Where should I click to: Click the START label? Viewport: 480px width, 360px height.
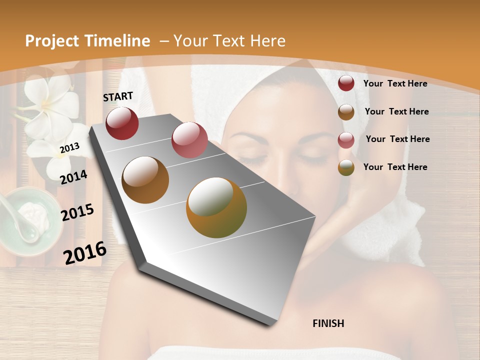coord(118,96)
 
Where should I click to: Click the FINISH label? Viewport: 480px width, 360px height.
coord(328,323)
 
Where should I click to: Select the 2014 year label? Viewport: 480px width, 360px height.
coord(73,177)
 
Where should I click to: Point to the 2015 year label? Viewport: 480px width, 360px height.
coord(77,212)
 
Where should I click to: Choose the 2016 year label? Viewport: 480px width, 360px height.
coord(85,253)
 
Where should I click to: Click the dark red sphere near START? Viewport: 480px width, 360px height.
coord(122,123)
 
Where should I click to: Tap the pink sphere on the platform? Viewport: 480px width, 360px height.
coord(189,140)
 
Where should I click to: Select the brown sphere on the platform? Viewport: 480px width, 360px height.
coord(145,180)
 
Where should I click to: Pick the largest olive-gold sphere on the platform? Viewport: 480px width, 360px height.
coord(216,207)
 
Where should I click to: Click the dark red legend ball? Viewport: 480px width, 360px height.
coord(346,83)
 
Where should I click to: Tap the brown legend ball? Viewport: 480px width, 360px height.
coord(346,112)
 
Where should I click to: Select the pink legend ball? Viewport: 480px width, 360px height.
coord(346,139)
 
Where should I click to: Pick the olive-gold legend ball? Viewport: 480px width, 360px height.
coord(346,167)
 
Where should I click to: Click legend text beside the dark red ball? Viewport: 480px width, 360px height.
coord(395,83)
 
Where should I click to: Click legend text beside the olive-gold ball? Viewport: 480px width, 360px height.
coord(395,167)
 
